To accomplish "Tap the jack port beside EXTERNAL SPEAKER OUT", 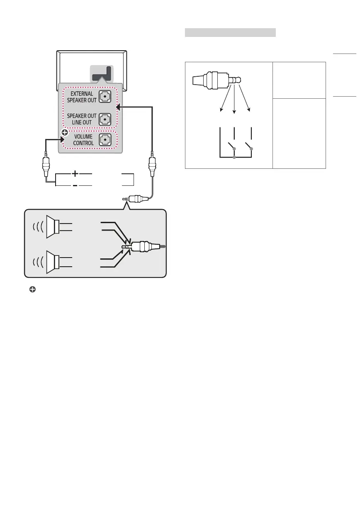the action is pyautogui.click(x=106, y=97).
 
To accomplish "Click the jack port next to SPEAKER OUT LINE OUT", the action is pyautogui.click(x=106, y=119).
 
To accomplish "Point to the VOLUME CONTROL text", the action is pyautogui.click(x=83, y=140).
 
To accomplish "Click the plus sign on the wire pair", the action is pyautogui.click(x=75, y=173).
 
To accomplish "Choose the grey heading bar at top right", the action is pyautogui.click(x=230, y=32).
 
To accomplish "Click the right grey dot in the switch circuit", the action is pyautogui.click(x=252, y=148).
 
